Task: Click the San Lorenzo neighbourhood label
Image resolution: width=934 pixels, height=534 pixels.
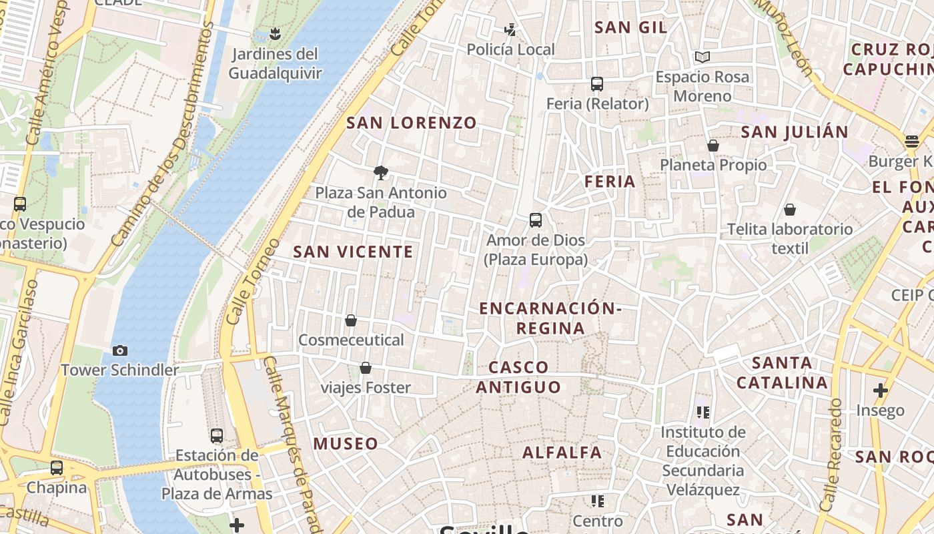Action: (x=412, y=123)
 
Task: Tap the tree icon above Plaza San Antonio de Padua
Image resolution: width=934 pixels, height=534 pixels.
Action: (x=381, y=173)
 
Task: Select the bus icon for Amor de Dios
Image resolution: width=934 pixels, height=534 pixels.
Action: (x=535, y=220)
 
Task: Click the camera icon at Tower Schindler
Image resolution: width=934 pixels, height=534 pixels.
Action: (x=120, y=350)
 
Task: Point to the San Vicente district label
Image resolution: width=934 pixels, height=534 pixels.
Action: (x=353, y=252)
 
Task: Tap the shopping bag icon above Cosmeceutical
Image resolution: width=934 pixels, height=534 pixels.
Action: (x=351, y=320)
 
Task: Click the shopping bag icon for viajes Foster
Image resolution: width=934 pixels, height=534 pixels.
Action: (x=366, y=368)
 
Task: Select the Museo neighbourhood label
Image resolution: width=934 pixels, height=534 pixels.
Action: (x=346, y=443)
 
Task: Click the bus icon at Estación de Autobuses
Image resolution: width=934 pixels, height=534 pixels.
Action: (x=217, y=436)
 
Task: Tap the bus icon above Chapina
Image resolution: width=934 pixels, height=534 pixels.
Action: (x=57, y=468)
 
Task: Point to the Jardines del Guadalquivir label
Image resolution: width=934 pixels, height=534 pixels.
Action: (x=275, y=63)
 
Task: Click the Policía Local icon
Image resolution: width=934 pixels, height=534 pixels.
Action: (x=510, y=30)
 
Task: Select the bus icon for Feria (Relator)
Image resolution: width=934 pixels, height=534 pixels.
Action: (x=597, y=84)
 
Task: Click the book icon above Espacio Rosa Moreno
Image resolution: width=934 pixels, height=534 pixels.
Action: (x=702, y=57)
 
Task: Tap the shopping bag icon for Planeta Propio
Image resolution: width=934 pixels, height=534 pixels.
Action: (x=713, y=146)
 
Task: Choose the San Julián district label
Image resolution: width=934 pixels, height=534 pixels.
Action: (x=794, y=132)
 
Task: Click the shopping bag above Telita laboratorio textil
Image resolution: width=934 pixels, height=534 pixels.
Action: (x=790, y=210)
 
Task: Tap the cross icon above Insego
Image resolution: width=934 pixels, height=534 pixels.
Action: (x=881, y=390)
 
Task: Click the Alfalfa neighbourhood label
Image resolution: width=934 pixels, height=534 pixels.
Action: (x=562, y=453)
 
